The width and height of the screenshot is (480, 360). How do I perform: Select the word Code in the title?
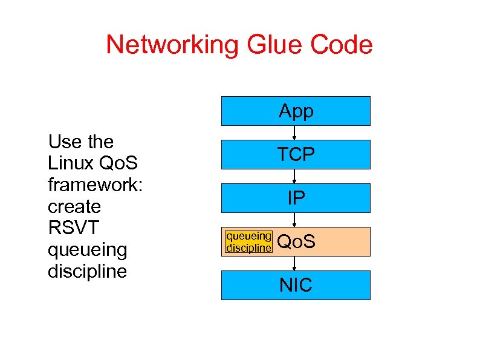[x=343, y=45]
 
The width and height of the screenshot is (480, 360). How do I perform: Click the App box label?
[x=296, y=111]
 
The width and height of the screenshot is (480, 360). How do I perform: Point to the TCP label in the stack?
[x=296, y=155]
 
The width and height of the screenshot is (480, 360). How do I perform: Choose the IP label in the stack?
[x=296, y=198]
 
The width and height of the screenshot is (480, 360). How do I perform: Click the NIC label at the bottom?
[x=296, y=285]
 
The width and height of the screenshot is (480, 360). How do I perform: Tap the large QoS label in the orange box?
[x=296, y=242]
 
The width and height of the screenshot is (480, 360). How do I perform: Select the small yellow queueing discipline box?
[x=248, y=241]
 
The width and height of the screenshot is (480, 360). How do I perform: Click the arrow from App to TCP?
[x=294, y=133]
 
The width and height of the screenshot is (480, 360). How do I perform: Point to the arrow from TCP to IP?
[x=294, y=177]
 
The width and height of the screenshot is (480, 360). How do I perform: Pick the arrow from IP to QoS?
[x=294, y=220]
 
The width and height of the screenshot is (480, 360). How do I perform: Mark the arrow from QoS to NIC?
[x=294, y=264]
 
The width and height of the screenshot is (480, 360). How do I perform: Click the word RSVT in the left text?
[x=74, y=228]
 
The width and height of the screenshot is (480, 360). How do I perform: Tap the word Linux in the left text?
[x=66, y=163]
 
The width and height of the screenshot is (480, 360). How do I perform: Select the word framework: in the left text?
[x=95, y=185]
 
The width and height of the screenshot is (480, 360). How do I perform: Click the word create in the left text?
[x=74, y=207]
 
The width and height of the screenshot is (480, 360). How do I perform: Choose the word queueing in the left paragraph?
[x=87, y=250]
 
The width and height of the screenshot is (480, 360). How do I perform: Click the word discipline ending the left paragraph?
[x=87, y=271]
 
